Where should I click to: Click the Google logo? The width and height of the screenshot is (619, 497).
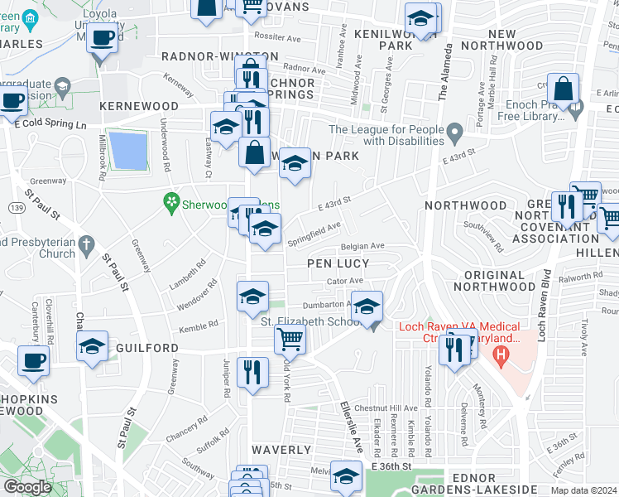pos(27,487)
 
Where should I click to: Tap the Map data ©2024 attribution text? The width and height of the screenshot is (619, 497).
pos(583,490)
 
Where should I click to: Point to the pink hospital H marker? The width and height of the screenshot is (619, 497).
pos(499,355)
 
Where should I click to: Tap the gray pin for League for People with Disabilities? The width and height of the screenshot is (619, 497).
pos(454,132)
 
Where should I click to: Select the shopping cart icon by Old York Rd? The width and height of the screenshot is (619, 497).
pos(290,338)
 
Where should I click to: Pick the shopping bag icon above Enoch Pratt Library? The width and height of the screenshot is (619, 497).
pos(563,89)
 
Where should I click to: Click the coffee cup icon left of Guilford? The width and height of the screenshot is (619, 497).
pos(33,361)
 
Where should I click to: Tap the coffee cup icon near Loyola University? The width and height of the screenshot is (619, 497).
pos(103,37)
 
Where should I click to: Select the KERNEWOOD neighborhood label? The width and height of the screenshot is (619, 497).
pos(139,107)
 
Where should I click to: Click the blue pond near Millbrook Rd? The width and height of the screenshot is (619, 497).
pos(128,150)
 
